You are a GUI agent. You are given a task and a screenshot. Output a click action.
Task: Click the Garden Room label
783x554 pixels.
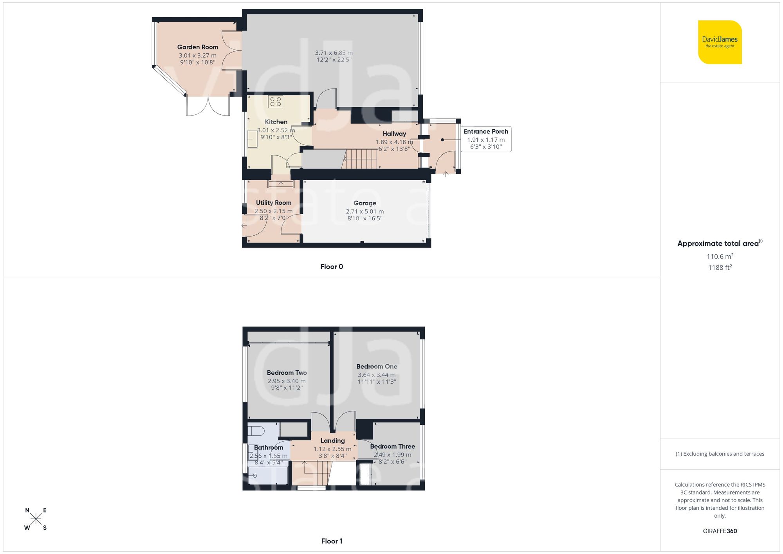(197, 47)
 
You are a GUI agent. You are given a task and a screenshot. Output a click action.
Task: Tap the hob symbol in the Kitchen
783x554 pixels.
(276, 102)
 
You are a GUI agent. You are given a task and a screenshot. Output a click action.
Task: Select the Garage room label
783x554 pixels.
(364, 203)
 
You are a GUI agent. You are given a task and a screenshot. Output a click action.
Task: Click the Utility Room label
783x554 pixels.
(274, 203)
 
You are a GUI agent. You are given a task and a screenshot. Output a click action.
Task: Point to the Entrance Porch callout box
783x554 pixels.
(486, 139)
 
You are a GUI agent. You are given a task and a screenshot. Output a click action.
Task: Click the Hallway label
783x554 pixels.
(394, 134)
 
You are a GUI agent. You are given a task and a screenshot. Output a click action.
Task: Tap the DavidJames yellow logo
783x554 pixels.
(720, 42)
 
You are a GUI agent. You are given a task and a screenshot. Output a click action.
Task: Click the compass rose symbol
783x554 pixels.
(36, 519)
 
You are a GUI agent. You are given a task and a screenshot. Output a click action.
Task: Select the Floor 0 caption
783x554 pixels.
(332, 267)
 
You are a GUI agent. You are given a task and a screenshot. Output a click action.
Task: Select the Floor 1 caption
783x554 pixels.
(332, 541)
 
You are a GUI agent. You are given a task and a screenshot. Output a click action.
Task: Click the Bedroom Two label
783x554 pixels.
(287, 373)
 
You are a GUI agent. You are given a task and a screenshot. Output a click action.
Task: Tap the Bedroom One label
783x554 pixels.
(377, 366)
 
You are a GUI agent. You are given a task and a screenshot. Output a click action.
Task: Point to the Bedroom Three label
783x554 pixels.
(392, 446)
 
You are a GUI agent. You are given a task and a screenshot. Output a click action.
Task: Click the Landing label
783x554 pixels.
(332, 440)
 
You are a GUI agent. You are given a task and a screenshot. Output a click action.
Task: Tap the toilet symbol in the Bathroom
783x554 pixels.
(256, 431)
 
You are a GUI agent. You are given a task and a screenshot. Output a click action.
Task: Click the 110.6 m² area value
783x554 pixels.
(720, 256)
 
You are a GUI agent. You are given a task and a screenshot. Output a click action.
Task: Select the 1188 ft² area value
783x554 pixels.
(720, 268)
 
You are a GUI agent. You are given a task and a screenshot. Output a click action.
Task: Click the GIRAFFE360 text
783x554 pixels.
(720, 531)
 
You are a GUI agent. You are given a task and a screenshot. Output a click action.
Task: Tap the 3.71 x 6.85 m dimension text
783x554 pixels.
(334, 53)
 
